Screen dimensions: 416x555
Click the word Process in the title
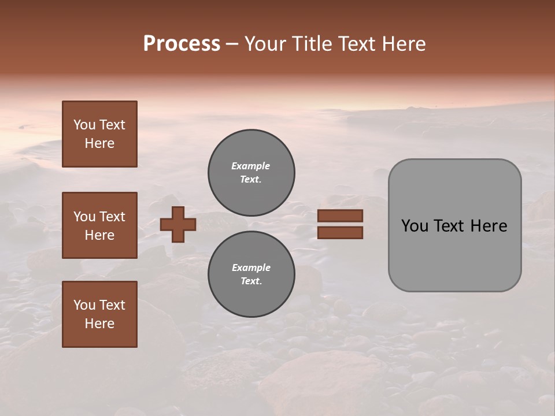(182, 44)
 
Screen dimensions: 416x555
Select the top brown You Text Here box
(99, 134)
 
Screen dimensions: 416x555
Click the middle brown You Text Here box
(99, 225)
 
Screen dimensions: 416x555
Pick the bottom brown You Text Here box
(99, 314)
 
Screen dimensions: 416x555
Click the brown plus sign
(178, 224)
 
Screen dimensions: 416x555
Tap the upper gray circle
(251, 173)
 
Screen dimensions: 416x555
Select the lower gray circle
(251, 274)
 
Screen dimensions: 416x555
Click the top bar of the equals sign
(341, 216)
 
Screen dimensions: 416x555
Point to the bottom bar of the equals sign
(341, 233)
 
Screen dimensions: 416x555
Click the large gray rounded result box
(454, 225)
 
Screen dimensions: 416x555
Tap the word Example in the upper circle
(251, 166)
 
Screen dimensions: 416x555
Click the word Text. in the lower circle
(251, 281)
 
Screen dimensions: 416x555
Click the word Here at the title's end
(405, 44)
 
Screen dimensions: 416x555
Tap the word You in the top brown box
(84, 125)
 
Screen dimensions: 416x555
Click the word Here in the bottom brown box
(99, 324)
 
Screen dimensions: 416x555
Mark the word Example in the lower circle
(251, 268)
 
